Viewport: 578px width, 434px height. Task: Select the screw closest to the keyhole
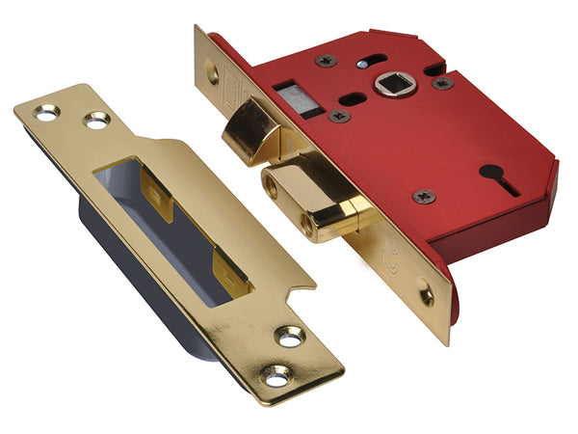click(423, 196)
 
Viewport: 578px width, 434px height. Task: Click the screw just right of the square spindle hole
click(444, 83)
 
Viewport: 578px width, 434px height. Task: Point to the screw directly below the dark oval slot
click(339, 116)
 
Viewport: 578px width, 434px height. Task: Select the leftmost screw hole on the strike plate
click(46, 113)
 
